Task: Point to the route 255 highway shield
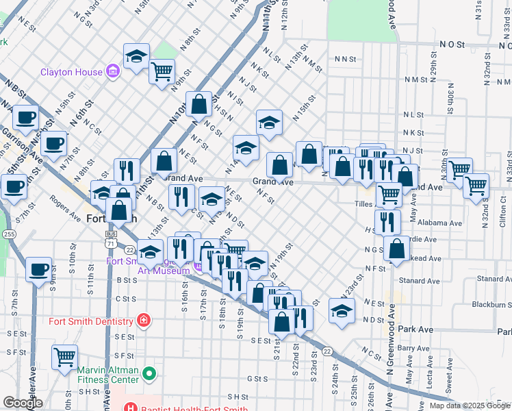(x=8, y=234)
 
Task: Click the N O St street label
(x=452, y=44)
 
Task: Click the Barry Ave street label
(x=413, y=348)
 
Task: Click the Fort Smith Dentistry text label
(x=90, y=321)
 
